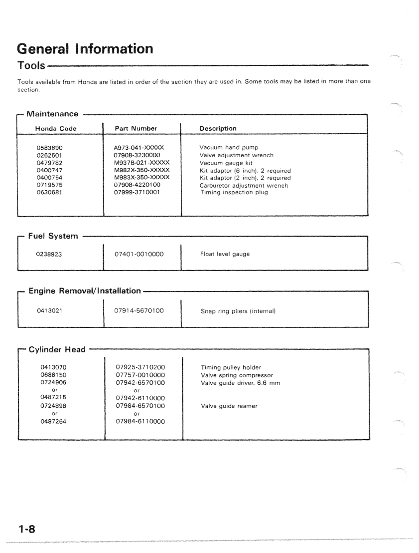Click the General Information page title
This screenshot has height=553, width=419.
(85, 49)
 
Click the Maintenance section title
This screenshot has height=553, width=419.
(52, 114)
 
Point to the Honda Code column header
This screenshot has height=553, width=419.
(56, 128)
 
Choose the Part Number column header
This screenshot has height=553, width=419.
(136, 128)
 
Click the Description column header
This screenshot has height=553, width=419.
(218, 128)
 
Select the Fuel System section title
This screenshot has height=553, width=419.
(53, 236)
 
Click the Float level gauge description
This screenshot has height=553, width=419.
(225, 254)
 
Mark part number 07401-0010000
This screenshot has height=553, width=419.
(140, 254)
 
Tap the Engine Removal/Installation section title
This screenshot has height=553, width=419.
(85, 290)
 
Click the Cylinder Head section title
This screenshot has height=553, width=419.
(57, 349)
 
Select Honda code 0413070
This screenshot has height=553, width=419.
(53, 368)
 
